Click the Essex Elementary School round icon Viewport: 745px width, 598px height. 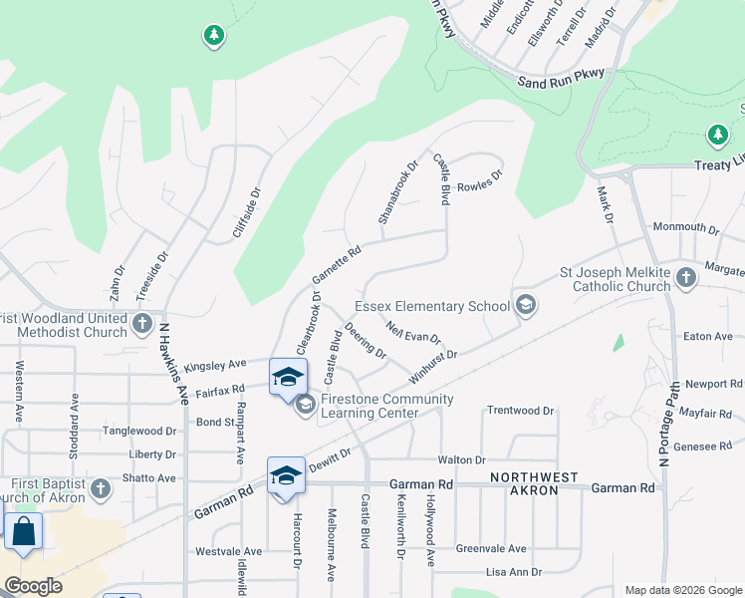tap(525, 306)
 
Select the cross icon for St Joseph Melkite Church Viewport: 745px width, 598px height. tap(685, 278)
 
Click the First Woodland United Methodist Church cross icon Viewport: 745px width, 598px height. tap(142, 323)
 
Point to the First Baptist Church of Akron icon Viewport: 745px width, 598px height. tap(100, 488)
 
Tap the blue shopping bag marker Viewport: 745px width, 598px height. tap(23, 532)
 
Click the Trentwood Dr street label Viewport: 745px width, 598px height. tap(520, 411)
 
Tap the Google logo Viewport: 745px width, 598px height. tap(33, 586)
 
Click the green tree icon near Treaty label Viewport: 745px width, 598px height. tap(717, 134)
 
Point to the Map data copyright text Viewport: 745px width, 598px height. tap(682, 590)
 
